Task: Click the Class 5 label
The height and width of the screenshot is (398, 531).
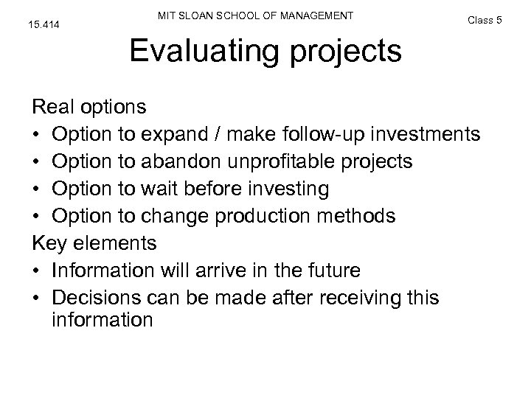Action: coord(485,19)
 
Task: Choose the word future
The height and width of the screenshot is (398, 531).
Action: coord(330,270)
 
